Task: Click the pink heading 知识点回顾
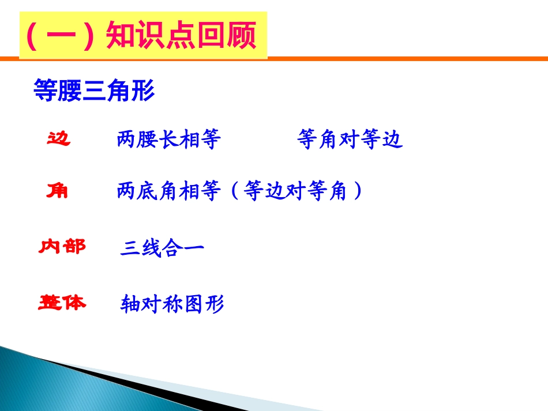coord(181,35)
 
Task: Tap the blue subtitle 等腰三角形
coord(94,90)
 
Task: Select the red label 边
coord(59,138)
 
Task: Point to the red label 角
coord(57,191)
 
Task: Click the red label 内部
coord(62,247)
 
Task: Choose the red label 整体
coord(62,303)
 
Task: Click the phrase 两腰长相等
coord(169,139)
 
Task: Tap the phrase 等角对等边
coord(350,139)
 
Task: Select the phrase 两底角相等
coord(169,191)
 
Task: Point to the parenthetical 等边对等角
coord(295,191)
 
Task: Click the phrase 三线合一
coord(162,247)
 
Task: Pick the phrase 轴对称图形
coord(172,304)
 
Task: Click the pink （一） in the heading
coord(60,36)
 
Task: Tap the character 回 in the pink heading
coord(211,35)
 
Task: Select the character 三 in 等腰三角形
coord(94,91)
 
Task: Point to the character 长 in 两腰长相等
coord(169,139)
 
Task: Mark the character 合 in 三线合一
coord(172,248)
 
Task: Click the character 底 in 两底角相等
coord(147,191)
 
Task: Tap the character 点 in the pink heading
coord(181,35)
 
